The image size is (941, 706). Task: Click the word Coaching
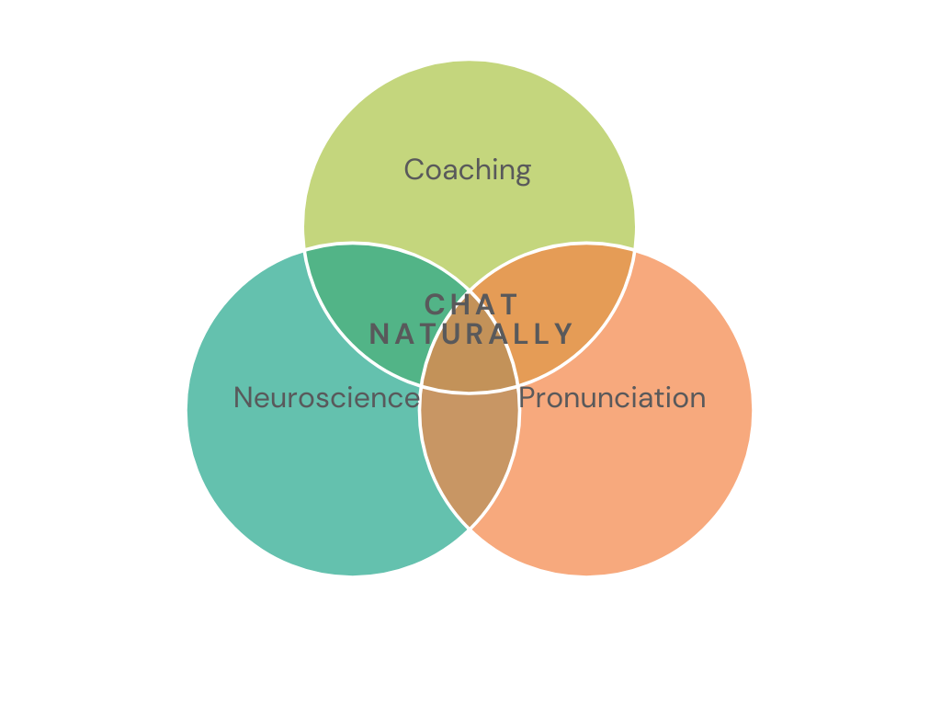pyautogui.click(x=468, y=170)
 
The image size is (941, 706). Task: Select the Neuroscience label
pyautogui.click(x=326, y=397)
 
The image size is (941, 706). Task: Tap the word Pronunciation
pyautogui.click(x=612, y=397)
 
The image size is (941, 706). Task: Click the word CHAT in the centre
pyautogui.click(x=470, y=304)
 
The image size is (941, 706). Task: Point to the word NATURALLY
pyautogui.click(x=471, y=335)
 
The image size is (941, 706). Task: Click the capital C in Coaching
pyautogui.click(x=414, y=169)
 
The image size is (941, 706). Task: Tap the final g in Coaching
pyautogui.click(x=523, y=174)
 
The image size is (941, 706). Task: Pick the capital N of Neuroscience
pyautogui.click(x=243, y=397)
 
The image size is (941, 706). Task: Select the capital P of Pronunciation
pyautogui.click(x=527, y=397)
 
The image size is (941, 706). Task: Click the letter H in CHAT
pyautogui.click(x=459, y=304)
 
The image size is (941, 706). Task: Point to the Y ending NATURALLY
pyautogui.click(x=564, y=335)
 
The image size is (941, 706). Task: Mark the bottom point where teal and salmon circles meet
pyautogui.click(x=470, y=529)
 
